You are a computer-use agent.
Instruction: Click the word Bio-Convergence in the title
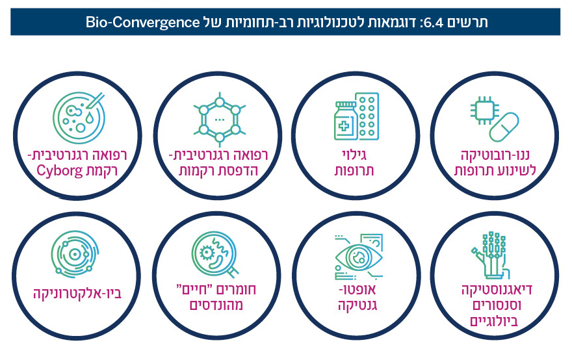[142, 23]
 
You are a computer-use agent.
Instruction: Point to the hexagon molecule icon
[219, 120]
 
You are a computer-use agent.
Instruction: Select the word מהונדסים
[214, 303]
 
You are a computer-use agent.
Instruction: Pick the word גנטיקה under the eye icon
[357, 303]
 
